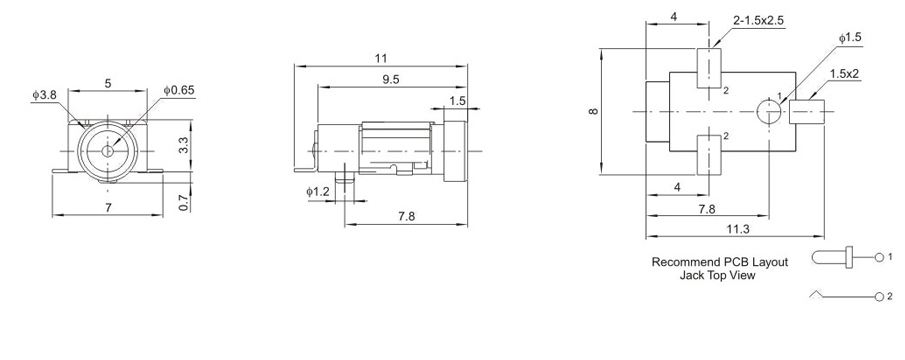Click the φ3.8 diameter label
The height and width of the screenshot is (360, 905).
(x=44, y=95)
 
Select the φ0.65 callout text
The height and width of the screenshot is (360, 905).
(x=179, y=90)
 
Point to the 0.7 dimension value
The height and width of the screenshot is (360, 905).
(x=184, y=201)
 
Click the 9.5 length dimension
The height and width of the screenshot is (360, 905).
(x=391, y=80)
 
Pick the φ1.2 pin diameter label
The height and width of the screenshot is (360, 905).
(x=317, y=192)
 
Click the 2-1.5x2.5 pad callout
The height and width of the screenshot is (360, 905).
(x=758, y=21)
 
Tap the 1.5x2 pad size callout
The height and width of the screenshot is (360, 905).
(x=844, y=74)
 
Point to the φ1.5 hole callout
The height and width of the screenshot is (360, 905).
(x=850, y=38)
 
